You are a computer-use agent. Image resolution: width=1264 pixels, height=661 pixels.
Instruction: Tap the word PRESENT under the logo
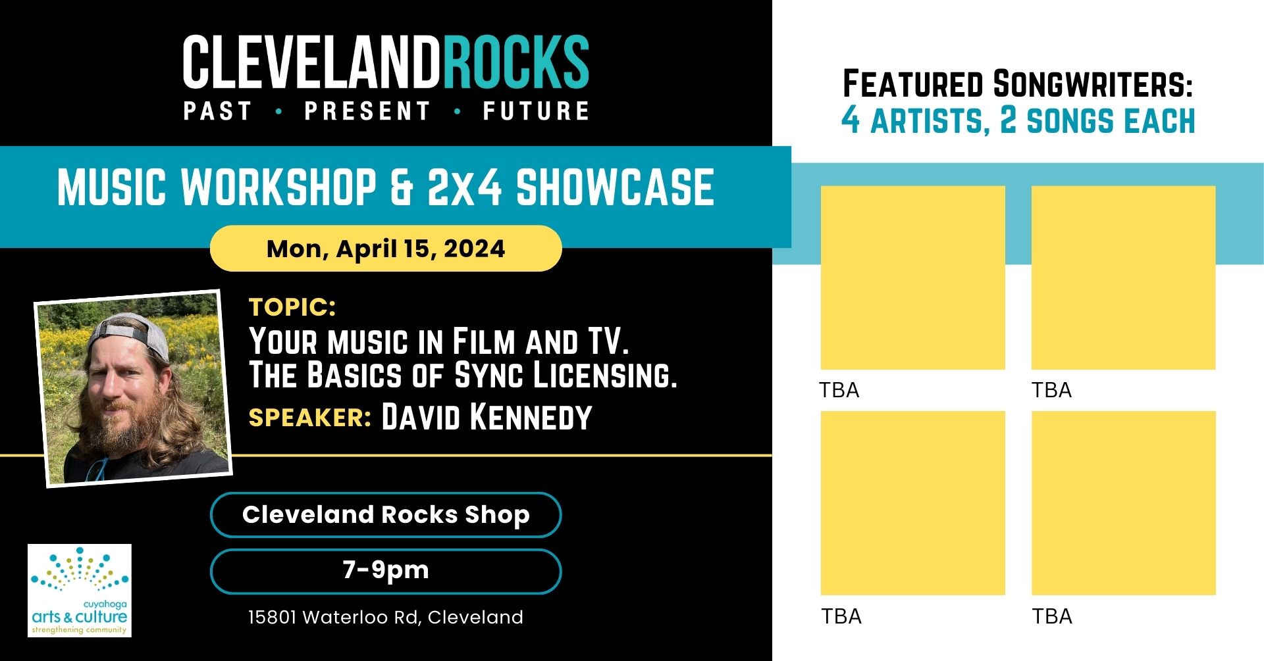pos(367,111)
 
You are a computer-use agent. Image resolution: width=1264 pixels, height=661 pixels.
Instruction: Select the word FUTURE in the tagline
pos(536,111)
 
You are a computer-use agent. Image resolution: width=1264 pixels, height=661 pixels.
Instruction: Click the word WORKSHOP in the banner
pos(279,187)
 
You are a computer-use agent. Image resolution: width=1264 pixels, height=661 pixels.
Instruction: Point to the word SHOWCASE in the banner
pos(615,187)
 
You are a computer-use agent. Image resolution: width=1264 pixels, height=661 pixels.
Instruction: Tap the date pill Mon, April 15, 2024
pos(386,249)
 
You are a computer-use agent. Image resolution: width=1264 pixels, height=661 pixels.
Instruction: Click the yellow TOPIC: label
pos(292,307)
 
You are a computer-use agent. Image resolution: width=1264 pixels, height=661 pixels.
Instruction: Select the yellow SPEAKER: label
pos(310,418)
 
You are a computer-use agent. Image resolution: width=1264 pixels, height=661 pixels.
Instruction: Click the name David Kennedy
pos(487,417)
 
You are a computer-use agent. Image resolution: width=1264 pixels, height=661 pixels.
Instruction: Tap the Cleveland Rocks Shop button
pos(386,514)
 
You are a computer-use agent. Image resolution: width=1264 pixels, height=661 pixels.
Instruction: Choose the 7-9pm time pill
pos(386,571)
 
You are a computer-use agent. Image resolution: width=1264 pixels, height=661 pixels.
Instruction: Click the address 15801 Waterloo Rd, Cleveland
pos(386,617)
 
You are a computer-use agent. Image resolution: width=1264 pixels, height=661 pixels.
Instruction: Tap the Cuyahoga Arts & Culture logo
pos(80,590)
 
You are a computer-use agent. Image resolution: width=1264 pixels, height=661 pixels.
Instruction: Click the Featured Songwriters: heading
pos(1018,84)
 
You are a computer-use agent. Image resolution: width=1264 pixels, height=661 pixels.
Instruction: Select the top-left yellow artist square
pos(912,278)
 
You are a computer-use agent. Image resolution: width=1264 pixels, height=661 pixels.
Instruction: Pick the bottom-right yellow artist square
pos(1123,503)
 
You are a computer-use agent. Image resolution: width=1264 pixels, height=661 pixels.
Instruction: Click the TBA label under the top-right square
pos(1051,390)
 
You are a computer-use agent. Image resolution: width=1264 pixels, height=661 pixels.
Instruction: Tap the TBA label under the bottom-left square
pos(841,616)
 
